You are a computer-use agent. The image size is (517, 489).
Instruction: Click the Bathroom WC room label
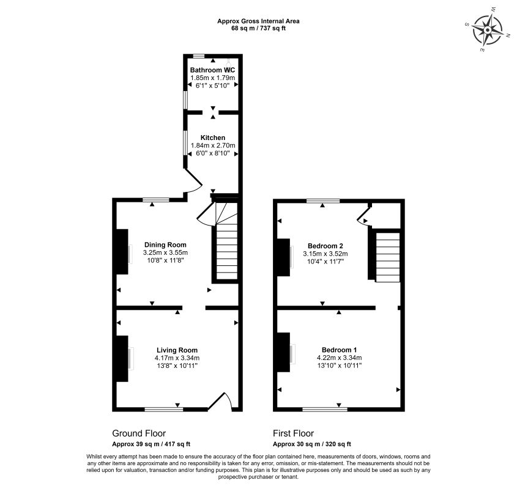pyautogui.click(x=212, y=70)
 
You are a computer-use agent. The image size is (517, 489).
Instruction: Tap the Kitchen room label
pyautogui.click(x=212, y=138)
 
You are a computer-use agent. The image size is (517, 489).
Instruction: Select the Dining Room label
pyautogui.click(x=165, y=244)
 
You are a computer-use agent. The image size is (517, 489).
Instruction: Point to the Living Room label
pyautogui.click(x=177, y=350)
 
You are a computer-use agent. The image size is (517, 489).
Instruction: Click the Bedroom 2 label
pyautogui.click(x=325, y=246)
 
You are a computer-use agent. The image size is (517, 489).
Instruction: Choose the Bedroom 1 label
pyautogui.click(x=340, y=350)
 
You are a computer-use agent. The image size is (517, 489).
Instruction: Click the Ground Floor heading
pyautogui.click(x=139, y=433)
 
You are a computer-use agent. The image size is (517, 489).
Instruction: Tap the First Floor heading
pyautogui.click(x=296, y=433)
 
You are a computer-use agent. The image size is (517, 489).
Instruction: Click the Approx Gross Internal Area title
pyautogui.click(x=258, y=21)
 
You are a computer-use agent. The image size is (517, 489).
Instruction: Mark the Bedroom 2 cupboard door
pyautogui.click(x=362, y=216)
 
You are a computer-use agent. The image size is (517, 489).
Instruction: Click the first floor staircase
pyautogui.click(x=386, y=257)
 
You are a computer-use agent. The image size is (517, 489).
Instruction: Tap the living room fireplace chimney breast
pyautogui.click(x=122, y=359)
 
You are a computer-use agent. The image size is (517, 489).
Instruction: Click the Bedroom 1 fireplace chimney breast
pyautogui.click(x=283, y=352)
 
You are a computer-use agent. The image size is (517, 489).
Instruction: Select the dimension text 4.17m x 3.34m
pyautogui.click(x=177, y=358)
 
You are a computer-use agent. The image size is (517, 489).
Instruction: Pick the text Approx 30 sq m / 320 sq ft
pyautogui.click(x=311, y=444)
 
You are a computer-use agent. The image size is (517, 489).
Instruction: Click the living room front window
pyautogui.click(x=161, y=409)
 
